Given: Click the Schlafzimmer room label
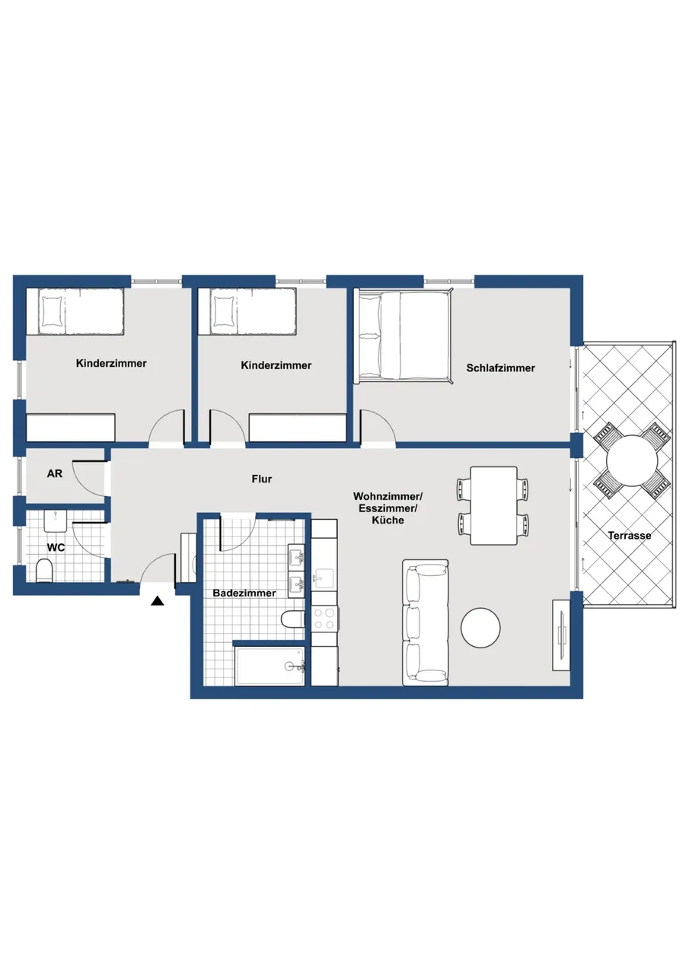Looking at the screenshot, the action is tap(500, 368).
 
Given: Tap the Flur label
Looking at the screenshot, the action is tap(262, 479).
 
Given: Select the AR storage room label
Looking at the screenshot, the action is tap(54, 473).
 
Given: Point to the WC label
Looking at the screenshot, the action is tap(56, 547).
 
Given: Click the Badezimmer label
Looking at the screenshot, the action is tap(244, 593).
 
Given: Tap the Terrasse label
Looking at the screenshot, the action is tap(630, 536).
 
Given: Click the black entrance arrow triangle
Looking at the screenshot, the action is tap(158, 601).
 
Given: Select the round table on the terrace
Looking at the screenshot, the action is tap(632, 460).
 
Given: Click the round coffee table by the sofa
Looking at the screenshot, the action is tap(480, 627).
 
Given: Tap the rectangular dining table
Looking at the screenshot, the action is tap(493, 505).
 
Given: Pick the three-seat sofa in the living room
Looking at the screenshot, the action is tap(426, 622).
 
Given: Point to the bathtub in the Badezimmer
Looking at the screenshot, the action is tap(270, 666).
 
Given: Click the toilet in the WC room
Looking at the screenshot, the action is tap(44, 571).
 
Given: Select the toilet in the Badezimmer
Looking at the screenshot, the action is tap(293, 619).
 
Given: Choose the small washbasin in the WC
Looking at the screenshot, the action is tap(56, 520).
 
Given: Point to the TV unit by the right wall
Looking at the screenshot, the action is tap(561, 635).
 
